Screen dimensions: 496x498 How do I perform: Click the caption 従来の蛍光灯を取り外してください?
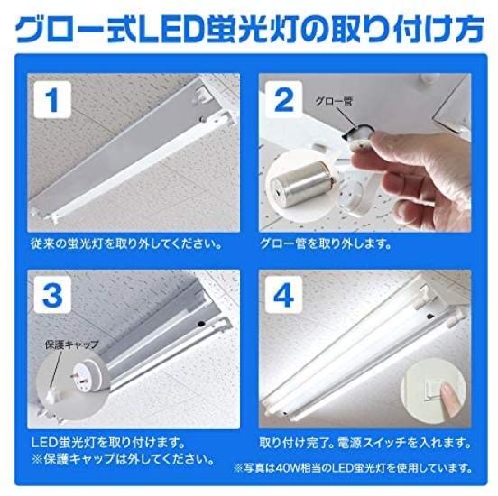(124, 243)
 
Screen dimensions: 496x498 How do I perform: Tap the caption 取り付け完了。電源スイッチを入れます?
(364, 444)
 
